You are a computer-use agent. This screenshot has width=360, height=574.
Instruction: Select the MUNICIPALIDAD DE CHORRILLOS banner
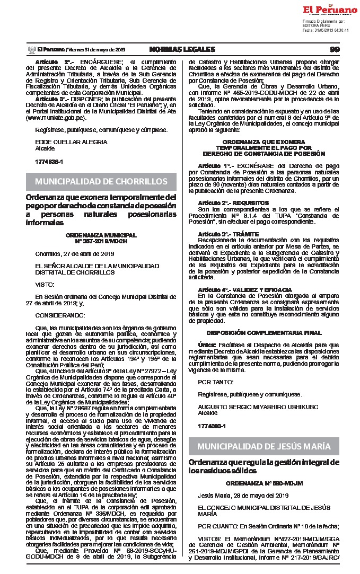click(x=101, y=182)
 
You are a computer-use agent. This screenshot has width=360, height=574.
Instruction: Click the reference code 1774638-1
click(x=49, y=161)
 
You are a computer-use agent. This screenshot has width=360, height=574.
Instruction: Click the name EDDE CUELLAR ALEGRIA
click(x=71, y=142)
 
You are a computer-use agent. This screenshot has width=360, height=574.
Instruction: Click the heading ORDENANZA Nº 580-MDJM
click(x=256, y=484)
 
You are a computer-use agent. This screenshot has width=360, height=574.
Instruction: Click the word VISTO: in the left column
click(x=45, y=284)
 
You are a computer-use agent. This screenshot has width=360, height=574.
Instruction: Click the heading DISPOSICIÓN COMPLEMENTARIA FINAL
click(x=264, y=333)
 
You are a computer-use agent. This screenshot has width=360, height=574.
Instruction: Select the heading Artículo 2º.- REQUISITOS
click(x=225, y=203)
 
